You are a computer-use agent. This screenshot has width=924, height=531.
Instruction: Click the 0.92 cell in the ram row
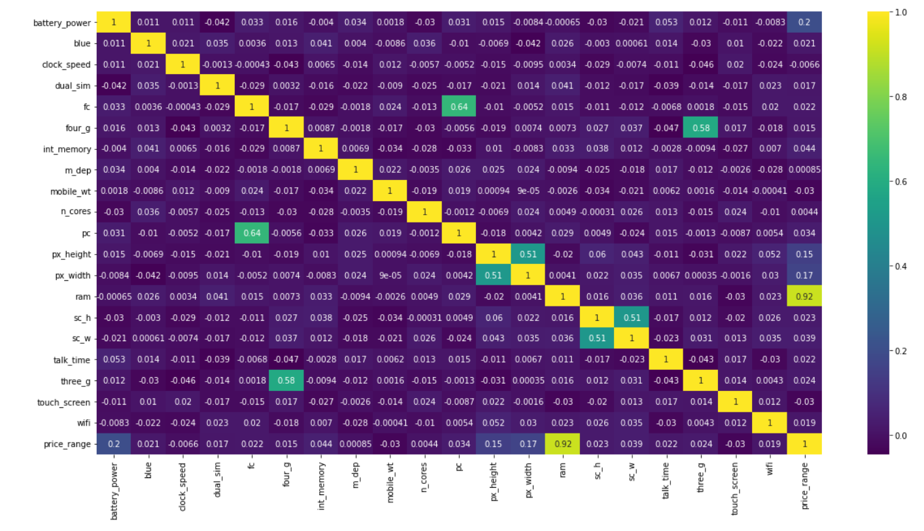[x=804, y=297]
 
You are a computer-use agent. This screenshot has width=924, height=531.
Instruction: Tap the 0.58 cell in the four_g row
[x=701, y=128]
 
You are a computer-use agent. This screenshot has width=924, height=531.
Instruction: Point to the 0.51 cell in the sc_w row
[x=597, y=339]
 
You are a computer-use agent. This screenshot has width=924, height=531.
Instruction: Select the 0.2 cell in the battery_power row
[x=804, y=22]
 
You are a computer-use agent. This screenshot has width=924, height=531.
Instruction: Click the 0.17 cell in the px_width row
[x=804, y=275]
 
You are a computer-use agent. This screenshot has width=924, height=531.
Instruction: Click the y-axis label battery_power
[x=63, y=23]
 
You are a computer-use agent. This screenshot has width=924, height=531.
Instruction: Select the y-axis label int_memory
[x=67, y=149]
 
